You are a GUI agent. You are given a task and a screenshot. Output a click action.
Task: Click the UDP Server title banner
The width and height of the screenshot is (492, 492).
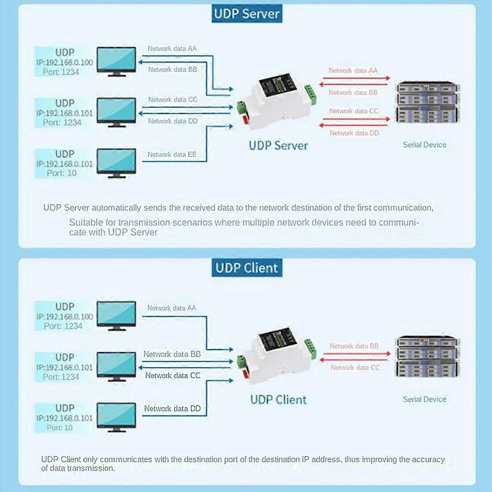point(247,14)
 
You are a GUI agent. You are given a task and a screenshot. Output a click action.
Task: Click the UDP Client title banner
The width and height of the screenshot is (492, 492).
point(247,268)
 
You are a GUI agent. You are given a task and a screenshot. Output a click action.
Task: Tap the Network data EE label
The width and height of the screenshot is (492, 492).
point(172,155)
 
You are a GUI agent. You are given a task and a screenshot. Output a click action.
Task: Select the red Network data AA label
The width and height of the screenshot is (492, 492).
point(353,71)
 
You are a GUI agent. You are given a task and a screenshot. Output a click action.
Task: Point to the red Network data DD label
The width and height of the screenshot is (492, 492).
point(354,133)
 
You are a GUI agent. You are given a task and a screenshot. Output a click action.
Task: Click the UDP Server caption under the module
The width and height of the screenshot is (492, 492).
point(278,146)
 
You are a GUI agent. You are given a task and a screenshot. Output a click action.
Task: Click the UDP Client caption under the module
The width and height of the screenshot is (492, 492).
point(278,400)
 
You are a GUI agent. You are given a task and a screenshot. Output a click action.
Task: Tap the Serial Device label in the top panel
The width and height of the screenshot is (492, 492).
point(424,145)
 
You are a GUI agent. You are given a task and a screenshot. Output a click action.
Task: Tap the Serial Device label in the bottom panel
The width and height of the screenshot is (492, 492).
point(424,399)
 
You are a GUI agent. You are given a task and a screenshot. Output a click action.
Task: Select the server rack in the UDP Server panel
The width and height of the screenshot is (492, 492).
point(428,102)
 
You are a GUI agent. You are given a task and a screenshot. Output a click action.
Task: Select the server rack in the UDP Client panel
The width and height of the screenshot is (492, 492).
point(428,357)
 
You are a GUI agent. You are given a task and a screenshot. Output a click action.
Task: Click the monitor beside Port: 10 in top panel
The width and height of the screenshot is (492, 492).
point(116,162)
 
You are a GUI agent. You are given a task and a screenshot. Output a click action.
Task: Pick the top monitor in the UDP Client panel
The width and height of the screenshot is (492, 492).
point(116,316)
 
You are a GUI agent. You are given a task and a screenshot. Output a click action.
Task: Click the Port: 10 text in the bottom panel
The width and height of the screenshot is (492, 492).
point(59,428)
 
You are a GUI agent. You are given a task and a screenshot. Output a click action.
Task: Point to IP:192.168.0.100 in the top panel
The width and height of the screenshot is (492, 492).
point(64,62)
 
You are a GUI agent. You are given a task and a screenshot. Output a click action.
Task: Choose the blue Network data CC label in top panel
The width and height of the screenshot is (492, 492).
point(173,100)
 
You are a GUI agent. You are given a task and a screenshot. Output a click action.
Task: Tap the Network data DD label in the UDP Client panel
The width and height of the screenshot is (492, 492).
point(172,408)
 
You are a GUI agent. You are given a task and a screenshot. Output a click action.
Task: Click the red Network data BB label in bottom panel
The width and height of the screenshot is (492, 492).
point(354,346)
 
